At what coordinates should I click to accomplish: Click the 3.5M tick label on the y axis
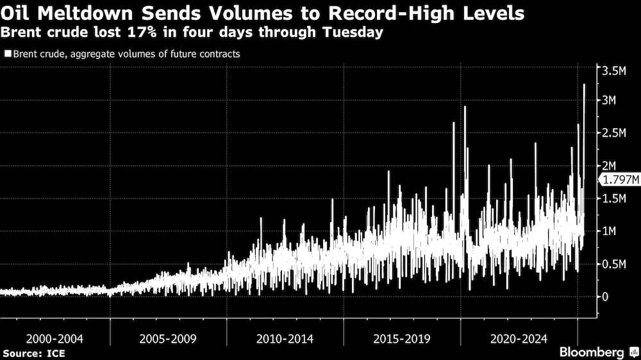coord(614,70)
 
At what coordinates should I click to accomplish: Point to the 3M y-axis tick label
coord(610,101)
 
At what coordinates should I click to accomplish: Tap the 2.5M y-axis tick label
coord(614,133)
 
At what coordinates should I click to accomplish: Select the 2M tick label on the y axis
coord(610,166)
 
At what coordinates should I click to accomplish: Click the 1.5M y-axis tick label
coord(614,199)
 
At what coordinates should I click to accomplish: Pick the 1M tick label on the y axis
coord(610,231)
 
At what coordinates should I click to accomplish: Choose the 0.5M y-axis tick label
coord(614,264)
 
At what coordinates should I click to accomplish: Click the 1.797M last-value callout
coord(619,180)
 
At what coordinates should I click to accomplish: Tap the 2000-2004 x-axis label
coord(56,339)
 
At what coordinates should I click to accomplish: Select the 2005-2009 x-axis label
coord(169,339)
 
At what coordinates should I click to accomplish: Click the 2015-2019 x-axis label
coord(403,339)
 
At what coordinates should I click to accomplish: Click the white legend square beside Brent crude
coord(7,54)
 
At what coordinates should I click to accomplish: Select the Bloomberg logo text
coord(592,352)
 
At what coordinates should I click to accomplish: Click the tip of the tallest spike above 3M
coord(584,85)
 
